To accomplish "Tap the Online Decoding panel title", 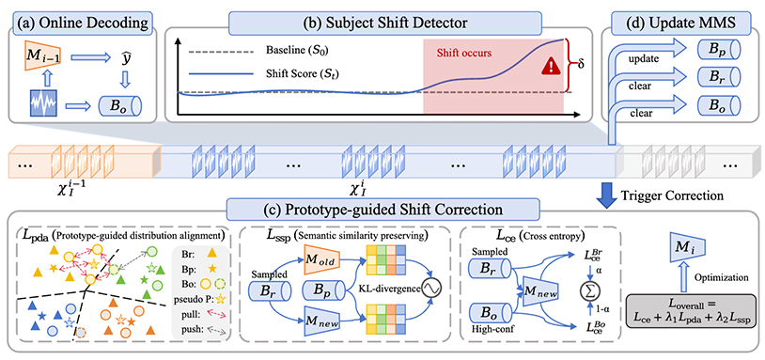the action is tap(81, 23).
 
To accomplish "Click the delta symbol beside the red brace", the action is tap(581, 66).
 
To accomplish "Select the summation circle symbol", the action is tap(588, 291).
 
